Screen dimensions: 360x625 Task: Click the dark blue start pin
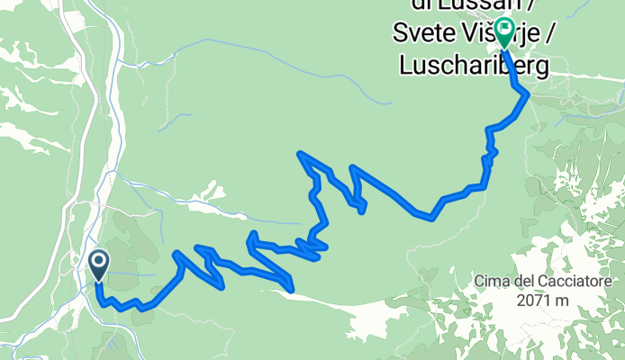98,265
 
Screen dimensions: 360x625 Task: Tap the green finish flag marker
502,31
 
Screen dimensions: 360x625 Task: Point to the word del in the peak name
526,283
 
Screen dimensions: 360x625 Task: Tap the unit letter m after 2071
566,301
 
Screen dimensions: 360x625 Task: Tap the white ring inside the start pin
98,262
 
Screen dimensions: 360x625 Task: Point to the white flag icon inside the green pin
502,29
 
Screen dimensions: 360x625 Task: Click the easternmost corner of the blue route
527,93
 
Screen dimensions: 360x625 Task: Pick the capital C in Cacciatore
545,283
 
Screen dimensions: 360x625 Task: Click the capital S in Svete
398,36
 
